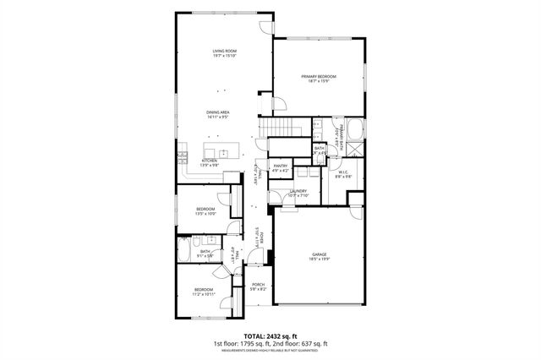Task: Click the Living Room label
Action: click(x=224, y=52)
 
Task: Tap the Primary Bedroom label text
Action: click(x=314, y=76)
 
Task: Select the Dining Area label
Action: click(x=218, y=112)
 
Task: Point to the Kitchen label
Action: click(x=210, y=161)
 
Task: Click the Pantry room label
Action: click(x=281, y=166)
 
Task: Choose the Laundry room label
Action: click(x=298, y=191)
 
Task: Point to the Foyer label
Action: click(x=262, y=237)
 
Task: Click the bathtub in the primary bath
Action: click(x=355, y=130)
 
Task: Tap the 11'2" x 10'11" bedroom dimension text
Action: click(x=205, y=294)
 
